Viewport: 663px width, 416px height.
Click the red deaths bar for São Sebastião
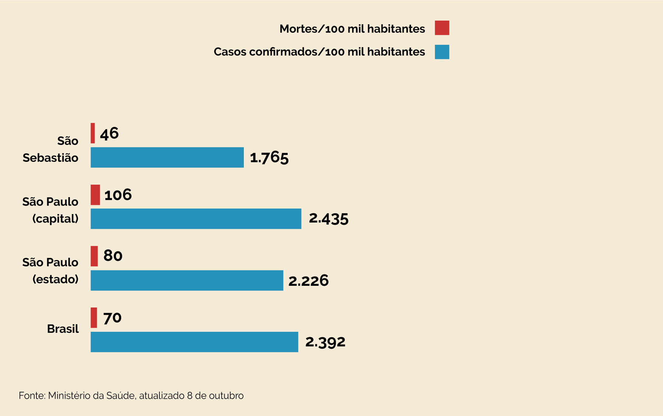pyautogui.click(x=93, y=133)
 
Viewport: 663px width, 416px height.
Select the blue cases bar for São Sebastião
pyautogui.click(x=167, y=157)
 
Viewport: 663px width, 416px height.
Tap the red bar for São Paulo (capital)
pyautogui.click(x=95, y=195)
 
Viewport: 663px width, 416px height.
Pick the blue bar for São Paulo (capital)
pyautogui.click(x=196, y=219)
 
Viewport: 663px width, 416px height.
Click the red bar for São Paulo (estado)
pyautogui.click(x=94, y=256)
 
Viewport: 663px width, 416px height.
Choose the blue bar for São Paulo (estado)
pyautogui.click(x=187, y=280)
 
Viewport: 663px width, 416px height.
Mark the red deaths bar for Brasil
pyautogui.click(x=94, y=318)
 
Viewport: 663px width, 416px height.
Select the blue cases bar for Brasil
pyautogui.click(x=194, y=342)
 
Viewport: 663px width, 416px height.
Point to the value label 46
pyautogui.click(x=109, y=134)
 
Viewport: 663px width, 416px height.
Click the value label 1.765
pyautogui.click(x=269, y=158)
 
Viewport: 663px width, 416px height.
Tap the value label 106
pyautogui.click(x=118, y=195)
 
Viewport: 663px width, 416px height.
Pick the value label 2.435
pyautogui.click(x=329, y=218)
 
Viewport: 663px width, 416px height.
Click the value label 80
pyautogui.click(x=113, y=256)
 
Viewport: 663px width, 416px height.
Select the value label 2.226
pyautogui.click(x=308, y=281)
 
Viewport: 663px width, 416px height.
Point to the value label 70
pyautogui.click(x=112, y=318)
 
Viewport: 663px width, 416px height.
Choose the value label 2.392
pyautogui.click(x=325, y=342)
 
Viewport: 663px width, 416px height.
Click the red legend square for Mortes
pyautogui.click(x=442, y=28)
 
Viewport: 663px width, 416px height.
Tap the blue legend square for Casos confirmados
pyautogui.click(x=442, y=52)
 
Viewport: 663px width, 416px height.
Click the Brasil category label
pyautogui.click(x=63, y=329)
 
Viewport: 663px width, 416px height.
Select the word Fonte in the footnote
pyautogui.click(x=32, y=396)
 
